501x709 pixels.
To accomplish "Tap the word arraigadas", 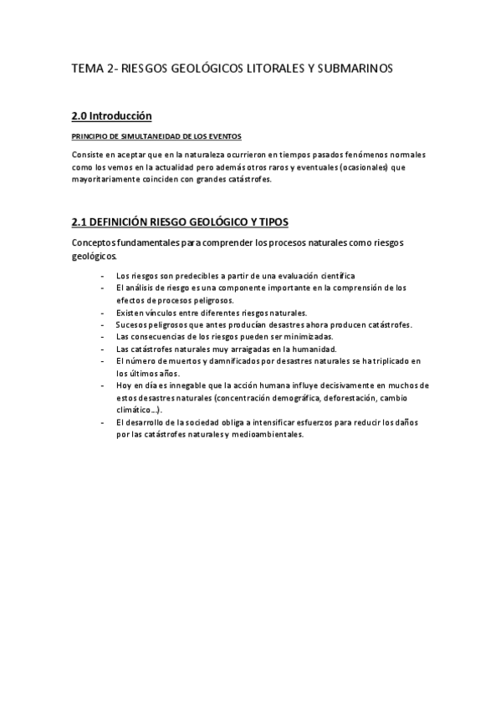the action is (x=243, y=349).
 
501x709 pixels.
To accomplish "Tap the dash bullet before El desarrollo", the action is (x=102, y=422).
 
